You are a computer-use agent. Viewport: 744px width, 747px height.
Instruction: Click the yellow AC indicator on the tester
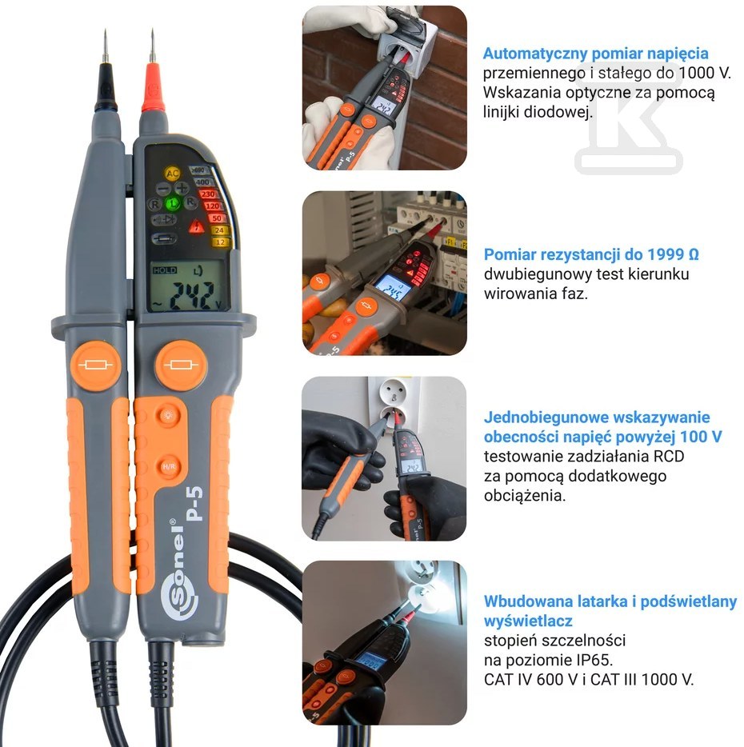172,174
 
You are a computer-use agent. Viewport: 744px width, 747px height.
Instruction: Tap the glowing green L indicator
173,203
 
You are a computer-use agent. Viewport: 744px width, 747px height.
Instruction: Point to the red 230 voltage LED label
208,194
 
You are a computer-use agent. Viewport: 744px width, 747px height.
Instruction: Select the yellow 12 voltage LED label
220,242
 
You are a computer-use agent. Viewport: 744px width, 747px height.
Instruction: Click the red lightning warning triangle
196,226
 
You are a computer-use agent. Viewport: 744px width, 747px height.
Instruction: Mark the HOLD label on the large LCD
165,270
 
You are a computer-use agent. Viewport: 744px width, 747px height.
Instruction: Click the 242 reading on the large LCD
193,295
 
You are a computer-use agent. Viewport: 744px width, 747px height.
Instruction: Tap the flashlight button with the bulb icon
168,415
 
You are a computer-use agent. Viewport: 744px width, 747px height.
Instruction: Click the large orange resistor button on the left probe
96,366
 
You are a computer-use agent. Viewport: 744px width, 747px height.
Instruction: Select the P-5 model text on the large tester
194,504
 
